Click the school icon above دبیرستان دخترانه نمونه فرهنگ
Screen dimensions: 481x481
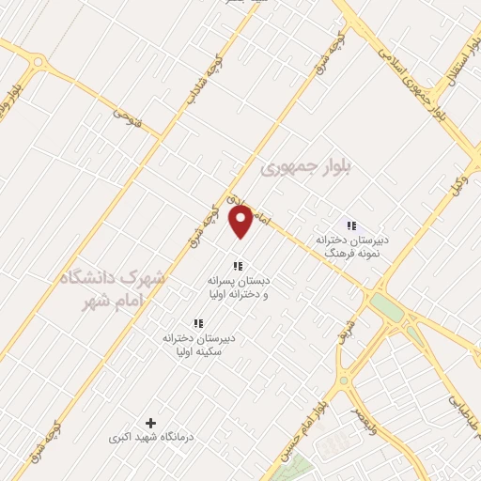pyautogui.click(x=351, y=225)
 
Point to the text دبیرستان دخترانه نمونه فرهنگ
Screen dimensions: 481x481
pyautogui.click(x=349, y=246)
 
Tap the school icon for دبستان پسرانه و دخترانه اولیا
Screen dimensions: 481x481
pyautogui.click(x=238, y=266)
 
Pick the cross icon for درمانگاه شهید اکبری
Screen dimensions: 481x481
pyautogui.click(x=150, y=424)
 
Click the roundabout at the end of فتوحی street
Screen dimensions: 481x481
pyautogui.click(x=37, y=63)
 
